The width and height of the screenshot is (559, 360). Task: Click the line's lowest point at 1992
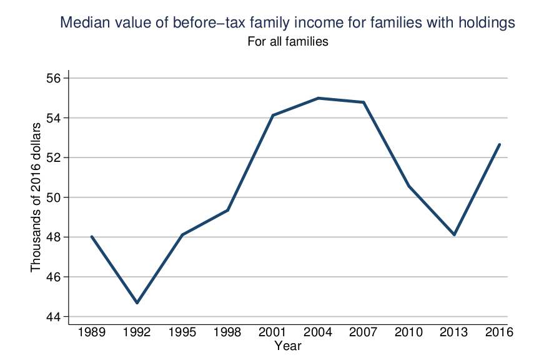pyautogui.click(x=137, y=303)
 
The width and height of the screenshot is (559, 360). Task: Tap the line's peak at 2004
pyautogui.click(x=318, y=98)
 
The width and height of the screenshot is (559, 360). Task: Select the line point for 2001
pyautogui.click(x=273, y=115)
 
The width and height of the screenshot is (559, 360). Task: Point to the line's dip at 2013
pyautogui.click(x=455, y=235)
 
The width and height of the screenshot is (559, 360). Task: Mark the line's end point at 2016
pyautogui.click(x=500, y=144)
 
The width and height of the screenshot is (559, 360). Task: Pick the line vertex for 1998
pyautogui.click(x=228, y=210)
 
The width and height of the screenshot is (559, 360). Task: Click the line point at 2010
pyautogui.click(x=409, y=186)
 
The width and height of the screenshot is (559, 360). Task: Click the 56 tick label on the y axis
pyautogui.click(x=53, y=78)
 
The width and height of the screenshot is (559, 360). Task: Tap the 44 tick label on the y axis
pyautogui.click(x=53, y=317)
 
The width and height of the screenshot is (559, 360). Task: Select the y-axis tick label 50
pyautogui.click(x=53, y=197)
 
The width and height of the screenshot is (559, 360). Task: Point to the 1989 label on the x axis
pyautogui.click(x=92, y=332)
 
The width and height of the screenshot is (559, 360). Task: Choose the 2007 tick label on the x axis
pyautogui.click(x=364, y=332)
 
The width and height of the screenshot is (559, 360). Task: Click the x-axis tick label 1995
pyautogui.click(x=182, y=332)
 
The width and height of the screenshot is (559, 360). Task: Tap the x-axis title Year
pyautogui.click(x=288, y=346)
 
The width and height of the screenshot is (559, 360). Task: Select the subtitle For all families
pyautogui.click(x=288, y=42)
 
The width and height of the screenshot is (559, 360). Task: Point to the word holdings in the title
pyautogui.click(x=487, y=23)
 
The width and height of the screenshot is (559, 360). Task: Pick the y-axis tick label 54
pyautogui.click(x=53, y=118)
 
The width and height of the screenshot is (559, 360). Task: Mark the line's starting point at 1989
pyautogui.click(x=92, y=236)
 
